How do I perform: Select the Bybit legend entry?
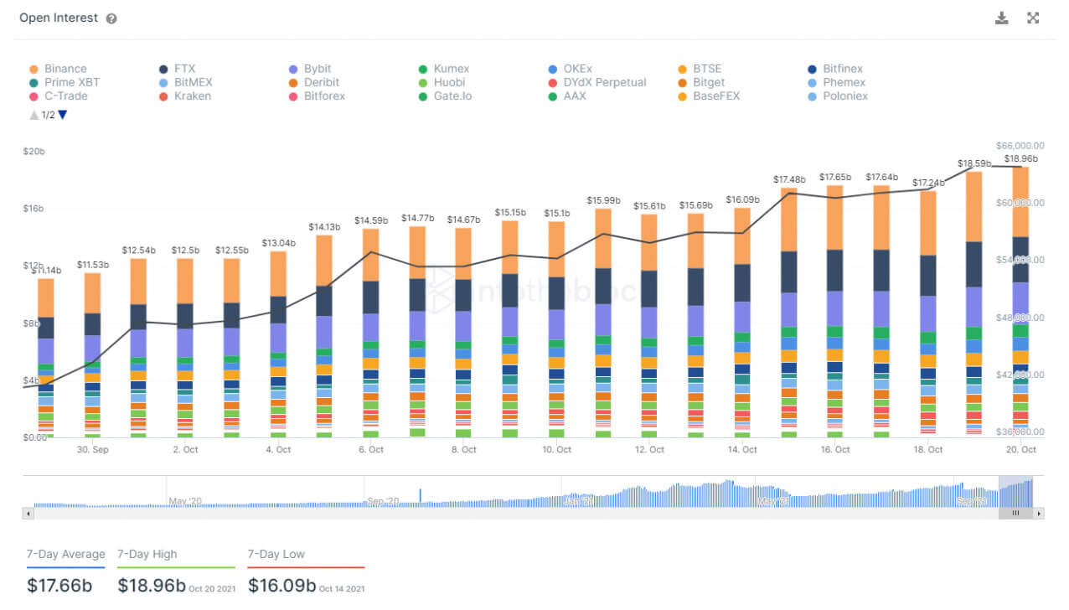[318, 69]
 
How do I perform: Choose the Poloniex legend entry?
[844, 96]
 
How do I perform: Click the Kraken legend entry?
[192, 96]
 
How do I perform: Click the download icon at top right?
[1001, 18]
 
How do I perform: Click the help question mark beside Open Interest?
[111, 18]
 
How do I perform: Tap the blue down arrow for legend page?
[63, 115]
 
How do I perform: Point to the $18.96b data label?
[1020, 158]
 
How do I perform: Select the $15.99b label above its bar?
[604, 200]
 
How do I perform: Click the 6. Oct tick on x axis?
[370, 450]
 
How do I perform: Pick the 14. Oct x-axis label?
[742, 450]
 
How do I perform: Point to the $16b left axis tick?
[34, 209]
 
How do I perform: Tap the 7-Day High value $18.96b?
[151, 585]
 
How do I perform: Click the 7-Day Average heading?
[66, 554]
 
